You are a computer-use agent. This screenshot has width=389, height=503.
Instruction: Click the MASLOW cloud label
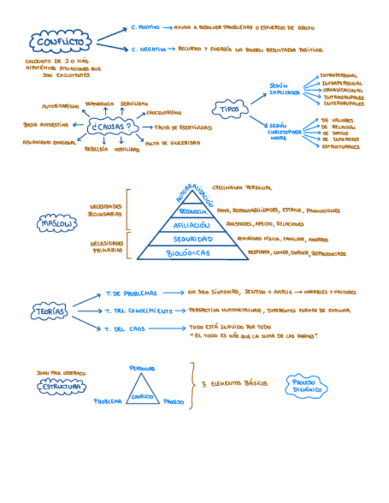tap(57, 224)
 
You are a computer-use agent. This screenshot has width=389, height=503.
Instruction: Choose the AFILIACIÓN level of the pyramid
tap(192, 225)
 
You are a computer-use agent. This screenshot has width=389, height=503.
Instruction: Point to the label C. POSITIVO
tap(145, 28)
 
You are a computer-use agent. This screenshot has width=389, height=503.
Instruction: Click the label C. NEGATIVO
tap(148, 50)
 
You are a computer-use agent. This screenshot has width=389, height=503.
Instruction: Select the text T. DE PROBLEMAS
tap(131, 293)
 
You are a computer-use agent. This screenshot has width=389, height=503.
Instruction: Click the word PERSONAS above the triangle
tap(142, 368)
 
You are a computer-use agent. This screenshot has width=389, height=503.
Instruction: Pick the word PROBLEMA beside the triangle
tap(108, 401)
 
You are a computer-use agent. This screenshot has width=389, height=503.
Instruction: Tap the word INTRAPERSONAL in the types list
tap(338, 76)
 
